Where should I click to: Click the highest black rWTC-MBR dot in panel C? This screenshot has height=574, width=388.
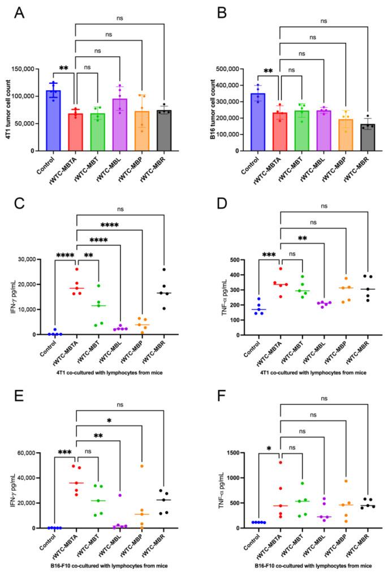164,269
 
